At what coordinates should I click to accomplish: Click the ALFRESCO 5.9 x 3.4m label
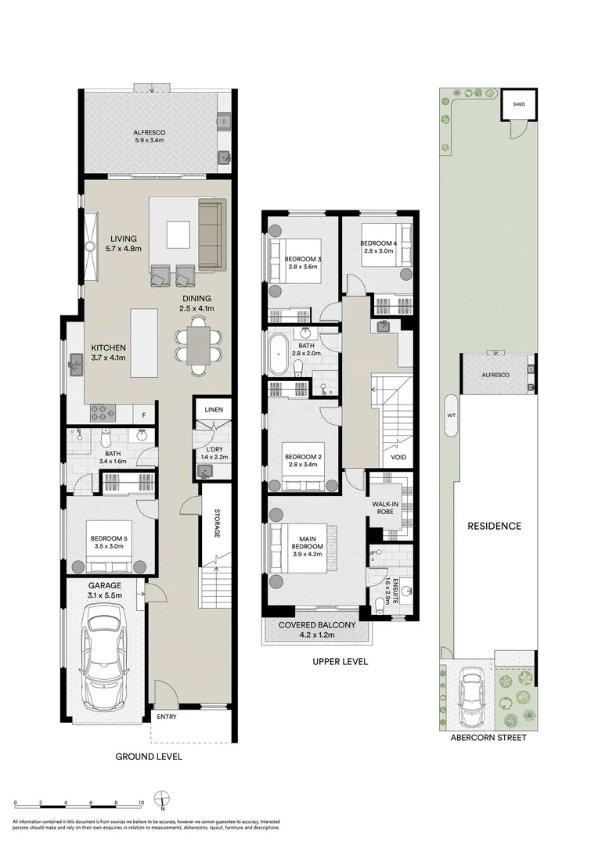(x=149, y=136)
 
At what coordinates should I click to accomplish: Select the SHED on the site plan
(x=519, y=104)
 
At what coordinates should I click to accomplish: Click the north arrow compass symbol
(x=161, y=800)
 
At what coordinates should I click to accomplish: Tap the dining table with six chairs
(x=199, y=345)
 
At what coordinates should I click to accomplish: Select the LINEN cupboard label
(x=214, y=409)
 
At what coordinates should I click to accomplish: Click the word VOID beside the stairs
(x=398, y=458)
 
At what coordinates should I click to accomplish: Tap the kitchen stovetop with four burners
(x=103, y=411)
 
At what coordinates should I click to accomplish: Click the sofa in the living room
(x=211, y=235)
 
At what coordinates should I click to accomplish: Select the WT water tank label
(x=450, y=415)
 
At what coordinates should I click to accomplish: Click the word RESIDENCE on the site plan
(x=494, y=526)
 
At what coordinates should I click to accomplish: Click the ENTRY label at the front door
(x=167, y=717)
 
